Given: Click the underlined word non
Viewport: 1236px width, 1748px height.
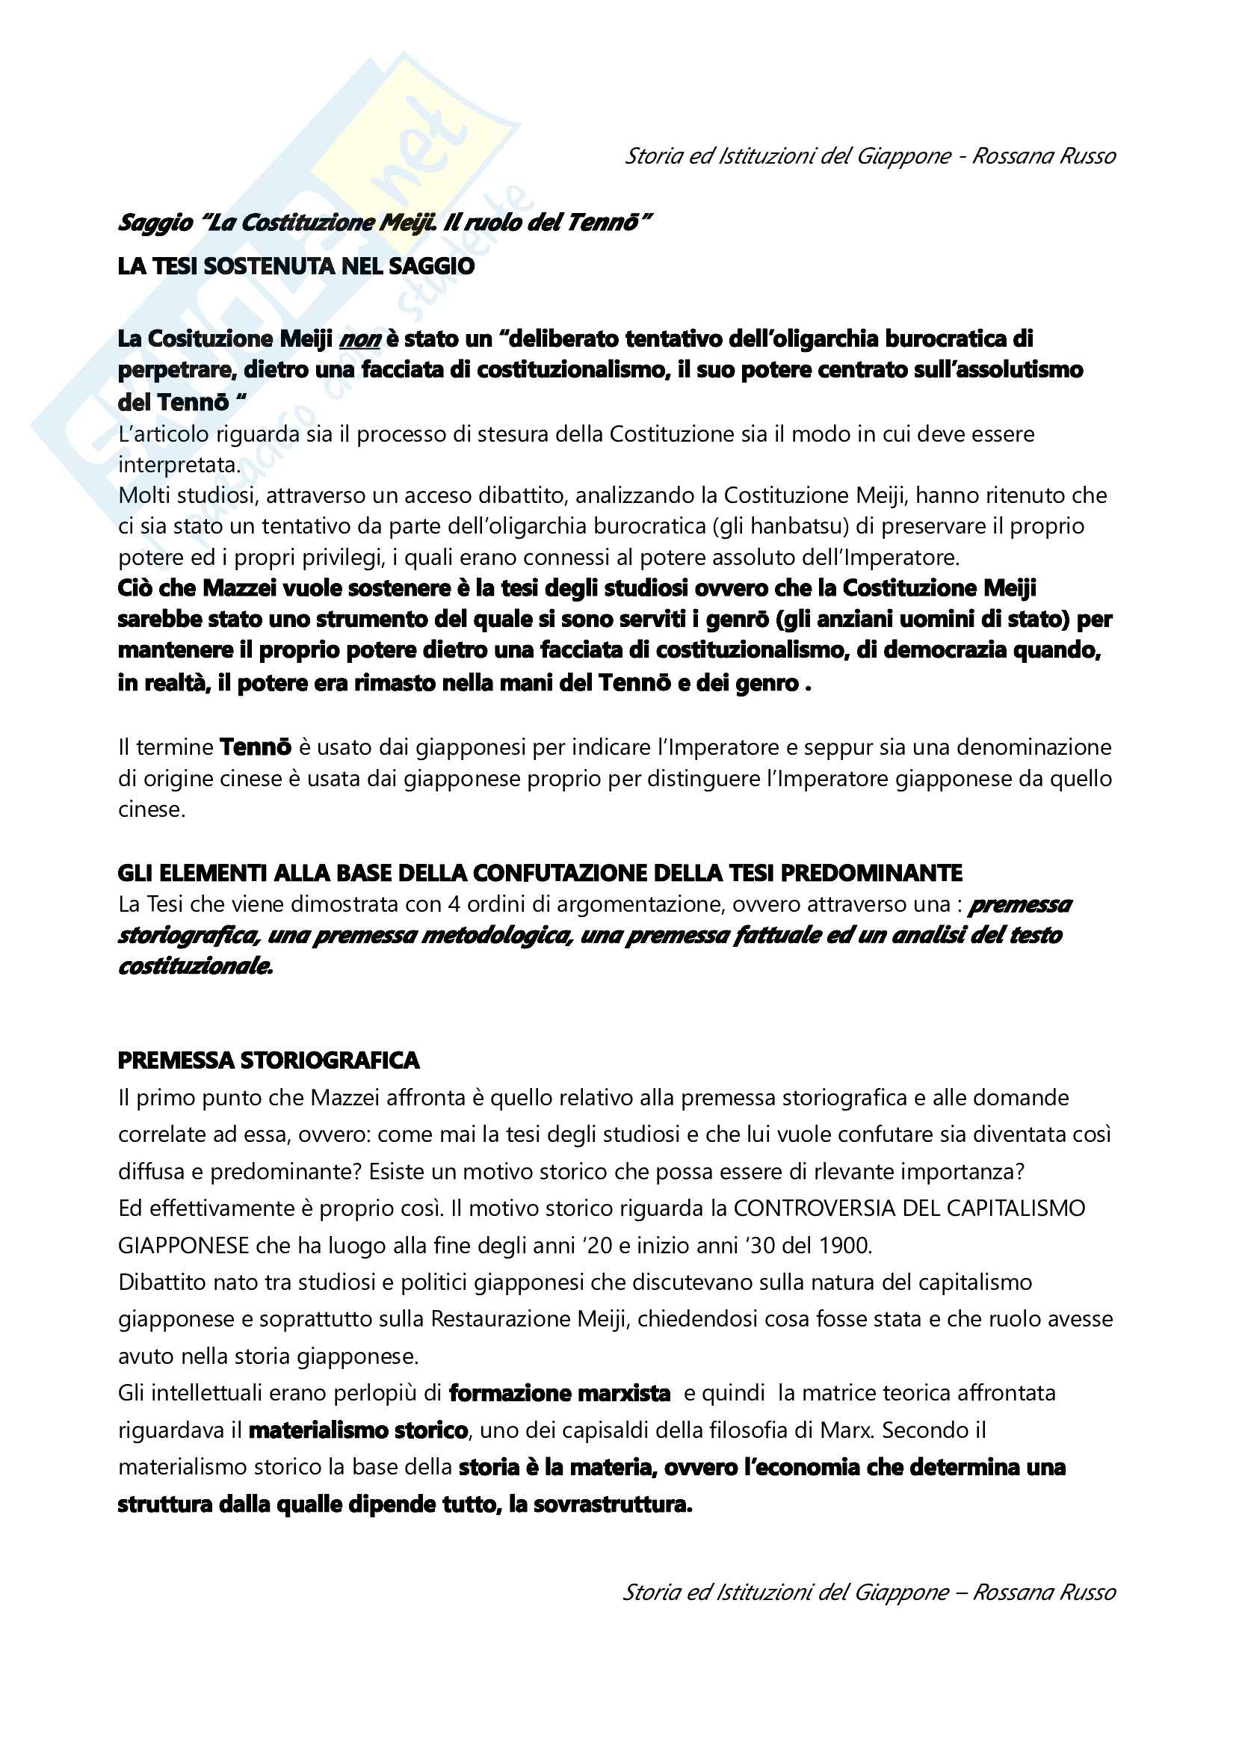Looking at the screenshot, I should click(359, 339).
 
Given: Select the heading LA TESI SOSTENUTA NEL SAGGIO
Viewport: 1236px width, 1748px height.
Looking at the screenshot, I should click(296, 267).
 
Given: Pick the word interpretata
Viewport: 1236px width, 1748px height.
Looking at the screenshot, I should click(179, 464).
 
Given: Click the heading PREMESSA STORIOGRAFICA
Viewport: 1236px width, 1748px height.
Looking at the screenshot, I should click(269, 1060).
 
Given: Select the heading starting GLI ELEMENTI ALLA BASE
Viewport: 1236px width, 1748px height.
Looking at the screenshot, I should click(540, 872).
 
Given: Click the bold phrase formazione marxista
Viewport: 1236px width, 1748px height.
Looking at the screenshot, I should click(560, 1393).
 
